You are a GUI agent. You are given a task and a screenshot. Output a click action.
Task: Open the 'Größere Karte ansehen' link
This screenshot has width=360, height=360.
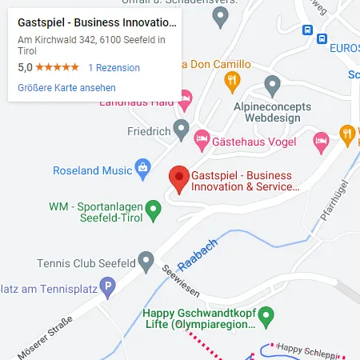[66, 87]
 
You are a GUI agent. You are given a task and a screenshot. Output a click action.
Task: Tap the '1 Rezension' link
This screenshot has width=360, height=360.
[114, 68]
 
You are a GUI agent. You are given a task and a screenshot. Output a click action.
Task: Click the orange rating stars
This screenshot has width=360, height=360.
[57, 68]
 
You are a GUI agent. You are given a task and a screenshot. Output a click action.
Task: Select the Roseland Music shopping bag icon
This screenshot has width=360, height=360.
[143, 168]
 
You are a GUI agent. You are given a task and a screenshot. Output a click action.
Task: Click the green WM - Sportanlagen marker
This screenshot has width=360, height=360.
[154, 210]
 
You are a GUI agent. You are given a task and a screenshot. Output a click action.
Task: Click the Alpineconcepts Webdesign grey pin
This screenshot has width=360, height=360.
[272, 84]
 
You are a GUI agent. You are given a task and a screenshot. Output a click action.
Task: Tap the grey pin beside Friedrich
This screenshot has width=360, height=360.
[182, 128]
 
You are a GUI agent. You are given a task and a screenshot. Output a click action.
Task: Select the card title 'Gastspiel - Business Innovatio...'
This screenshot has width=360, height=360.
[96, 22]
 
